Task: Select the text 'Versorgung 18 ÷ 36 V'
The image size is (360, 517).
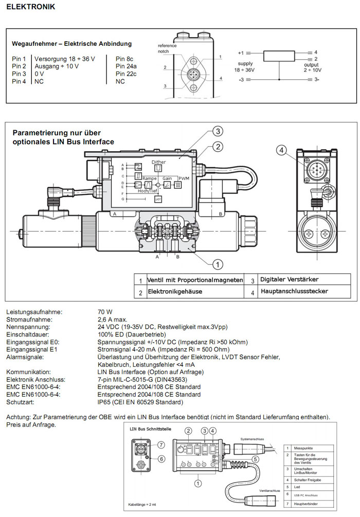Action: (65, 59)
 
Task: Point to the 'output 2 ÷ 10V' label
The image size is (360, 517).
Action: (311, 67)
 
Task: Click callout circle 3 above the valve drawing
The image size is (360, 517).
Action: (218, 131)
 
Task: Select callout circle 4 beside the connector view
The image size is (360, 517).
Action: (281, 150)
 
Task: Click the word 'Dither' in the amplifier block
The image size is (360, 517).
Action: (159, 162)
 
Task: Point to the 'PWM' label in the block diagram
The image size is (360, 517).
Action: (184, 178)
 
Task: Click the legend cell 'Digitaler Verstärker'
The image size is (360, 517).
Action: (290, 279)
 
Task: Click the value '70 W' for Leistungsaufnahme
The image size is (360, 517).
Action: (105, 312)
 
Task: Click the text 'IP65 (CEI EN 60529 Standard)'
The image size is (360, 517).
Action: (140, 402)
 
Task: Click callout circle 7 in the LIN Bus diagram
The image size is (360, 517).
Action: (161, 444)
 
